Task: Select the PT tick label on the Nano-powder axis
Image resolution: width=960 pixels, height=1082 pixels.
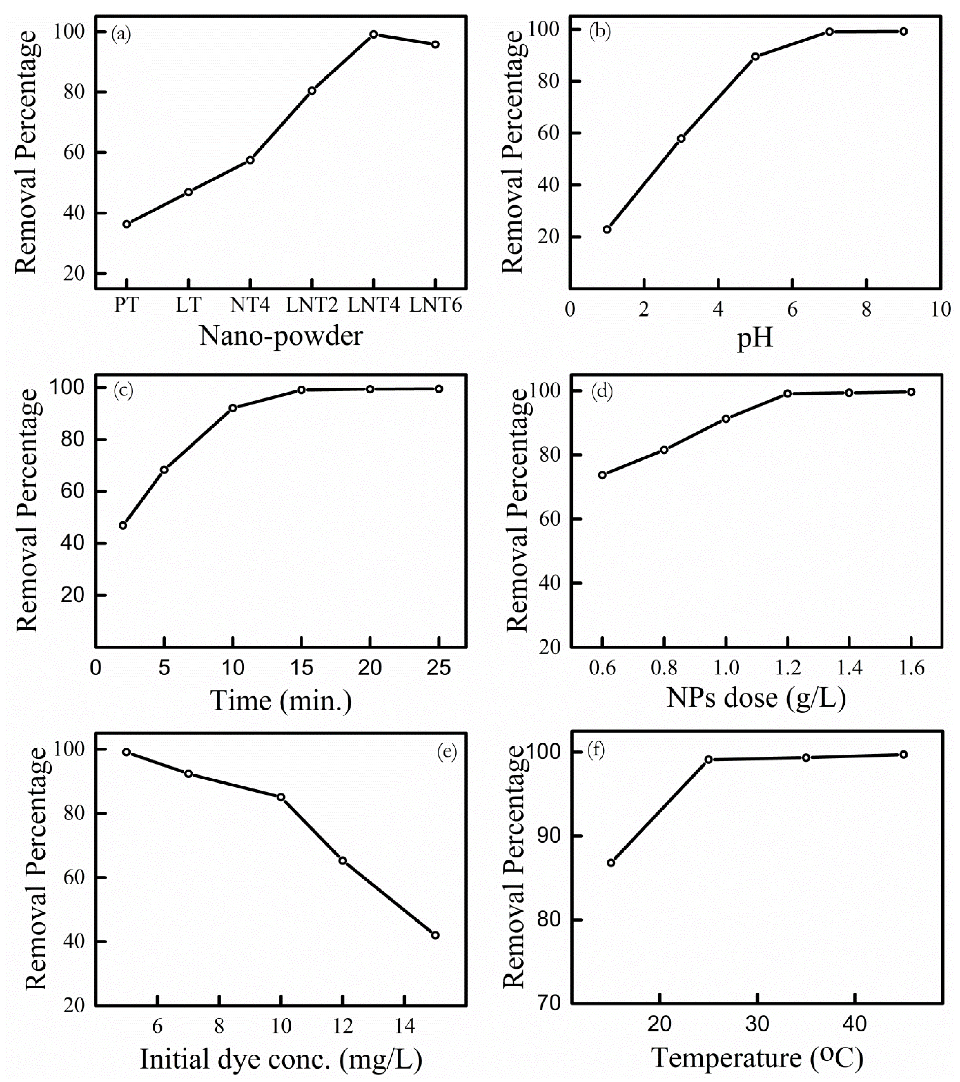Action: [127, 305]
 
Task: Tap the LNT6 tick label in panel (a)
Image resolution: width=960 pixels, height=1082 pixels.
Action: [435, 305]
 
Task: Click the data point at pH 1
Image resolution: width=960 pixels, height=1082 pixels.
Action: [607, 229]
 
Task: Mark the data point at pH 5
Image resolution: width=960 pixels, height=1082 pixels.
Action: [755, 57]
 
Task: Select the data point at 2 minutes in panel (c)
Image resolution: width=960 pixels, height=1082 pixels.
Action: [123, 525]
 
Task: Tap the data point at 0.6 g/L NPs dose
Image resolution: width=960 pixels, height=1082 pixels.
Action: [602, 475]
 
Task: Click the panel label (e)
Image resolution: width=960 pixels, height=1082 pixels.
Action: [446, 752]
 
